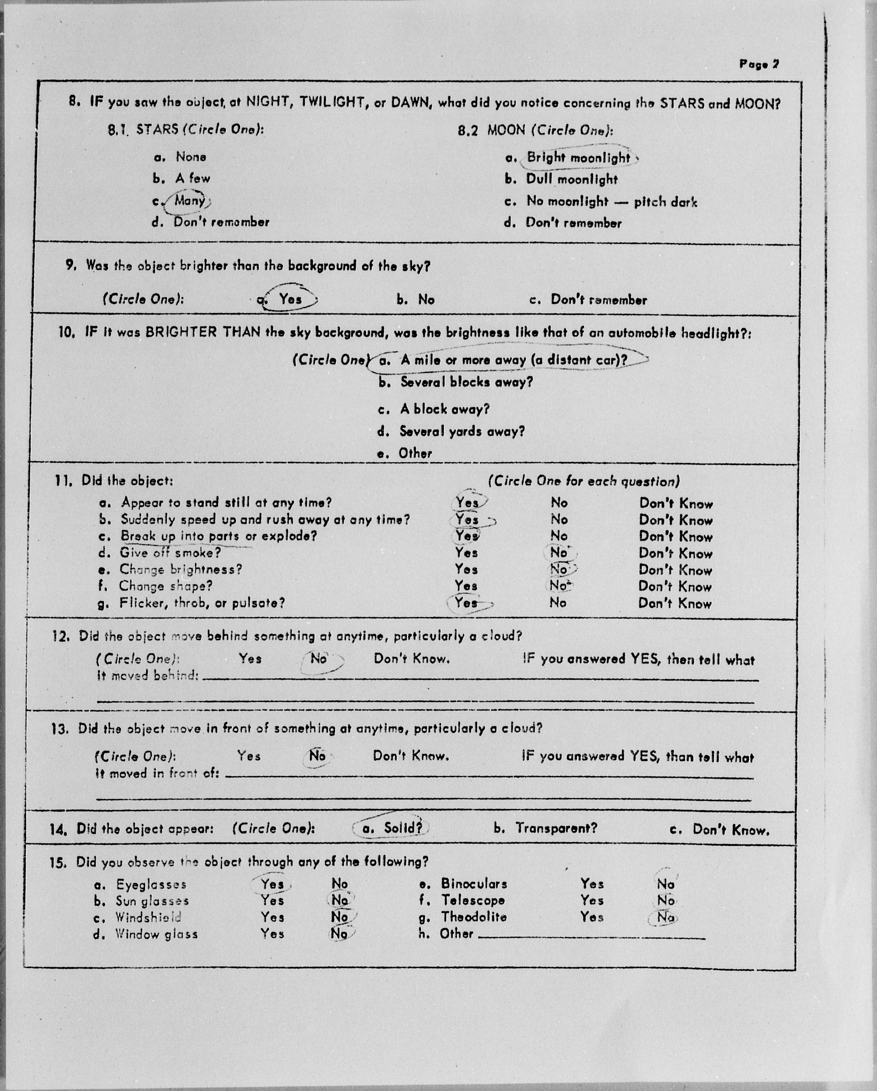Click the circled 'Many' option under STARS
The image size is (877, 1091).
tap(189, 201)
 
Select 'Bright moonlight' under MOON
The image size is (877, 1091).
tap(578, 158)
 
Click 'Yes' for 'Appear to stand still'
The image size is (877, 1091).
tap(467, 502)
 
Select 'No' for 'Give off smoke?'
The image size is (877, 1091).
tap(559, 552)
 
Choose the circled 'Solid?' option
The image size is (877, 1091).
tap(403, 828)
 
